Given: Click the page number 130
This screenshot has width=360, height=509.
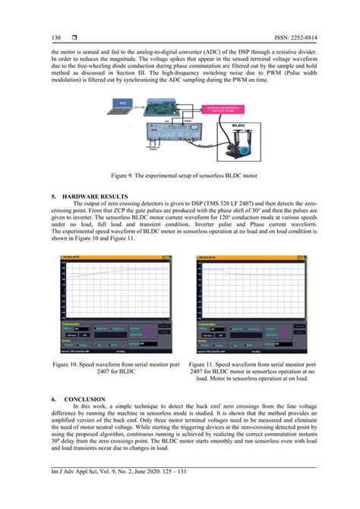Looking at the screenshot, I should pos(55,37).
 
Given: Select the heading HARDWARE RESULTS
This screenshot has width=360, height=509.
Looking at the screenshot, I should pos(103,194).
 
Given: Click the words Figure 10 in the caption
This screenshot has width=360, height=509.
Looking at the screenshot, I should pos(67,365).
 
